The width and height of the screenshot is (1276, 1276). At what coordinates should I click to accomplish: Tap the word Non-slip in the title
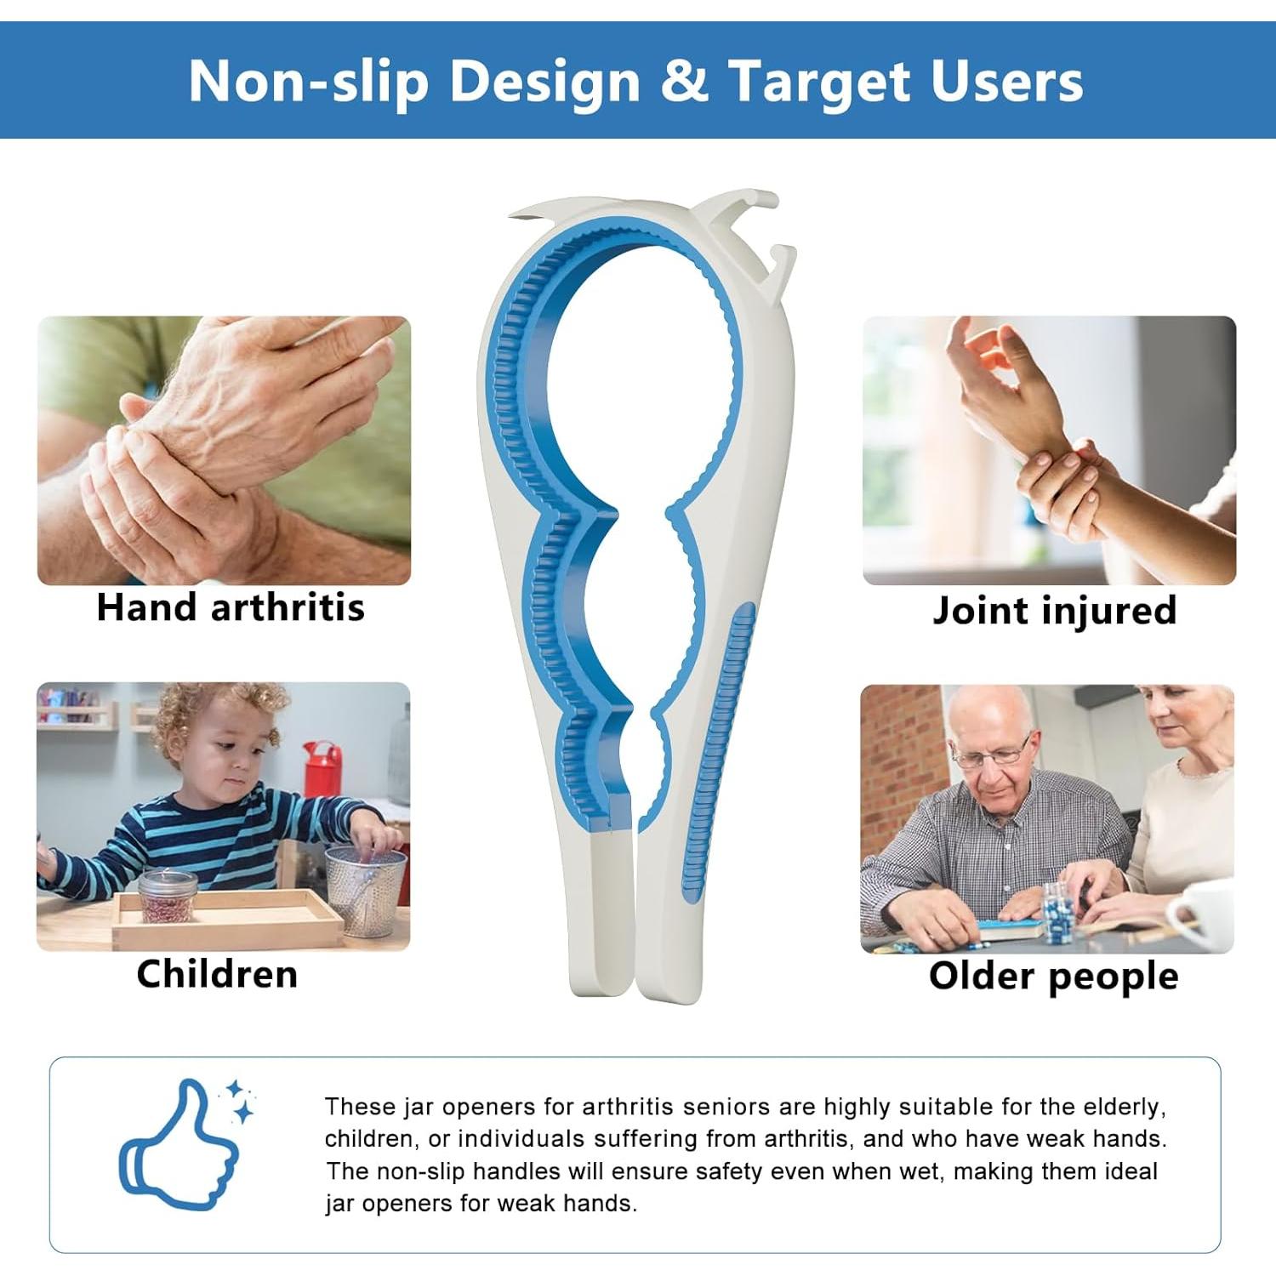point(308,82)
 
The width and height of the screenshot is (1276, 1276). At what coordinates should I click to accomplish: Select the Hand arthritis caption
point(231,607)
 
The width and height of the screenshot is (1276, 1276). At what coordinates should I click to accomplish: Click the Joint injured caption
point(1054,611)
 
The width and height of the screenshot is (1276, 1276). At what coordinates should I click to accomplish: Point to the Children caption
point(217,974)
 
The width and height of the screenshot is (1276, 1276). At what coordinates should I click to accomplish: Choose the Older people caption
point(1053,977)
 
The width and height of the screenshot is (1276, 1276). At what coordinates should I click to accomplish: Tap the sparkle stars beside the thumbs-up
point(239,1101)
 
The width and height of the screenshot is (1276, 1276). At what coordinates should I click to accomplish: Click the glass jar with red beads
point(168,896)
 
